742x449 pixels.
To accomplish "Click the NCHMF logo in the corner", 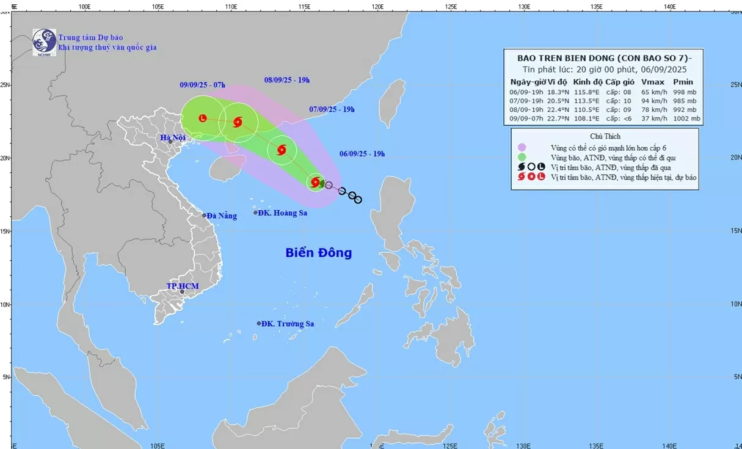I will tap(44, 42).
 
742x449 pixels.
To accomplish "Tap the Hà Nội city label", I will tap(172, 138).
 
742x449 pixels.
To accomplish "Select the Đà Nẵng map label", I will tap(221, 216).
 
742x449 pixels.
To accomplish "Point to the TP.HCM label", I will tap(183, 286).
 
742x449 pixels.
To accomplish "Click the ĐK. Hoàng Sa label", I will tap(282, 213).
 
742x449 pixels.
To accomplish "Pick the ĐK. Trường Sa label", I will tap(287, 324).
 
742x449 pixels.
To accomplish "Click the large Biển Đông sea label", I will tap(319, 252).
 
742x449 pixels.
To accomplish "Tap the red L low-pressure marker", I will tap(203, 118).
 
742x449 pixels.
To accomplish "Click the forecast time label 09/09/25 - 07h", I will tap(203, 84).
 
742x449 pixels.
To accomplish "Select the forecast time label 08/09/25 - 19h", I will tap(287, 80).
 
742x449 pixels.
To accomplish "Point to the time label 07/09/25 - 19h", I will tap(332, 109).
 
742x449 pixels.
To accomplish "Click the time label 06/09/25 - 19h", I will tap(362, 154).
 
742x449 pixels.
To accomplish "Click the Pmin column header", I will tap(683, 82).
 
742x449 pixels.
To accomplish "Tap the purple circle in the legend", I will tap(522, 148).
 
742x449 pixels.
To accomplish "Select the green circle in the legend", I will tap(522, 158).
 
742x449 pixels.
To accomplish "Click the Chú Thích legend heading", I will tap(605, 136).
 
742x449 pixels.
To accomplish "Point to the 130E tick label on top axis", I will tap(523, 7).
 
